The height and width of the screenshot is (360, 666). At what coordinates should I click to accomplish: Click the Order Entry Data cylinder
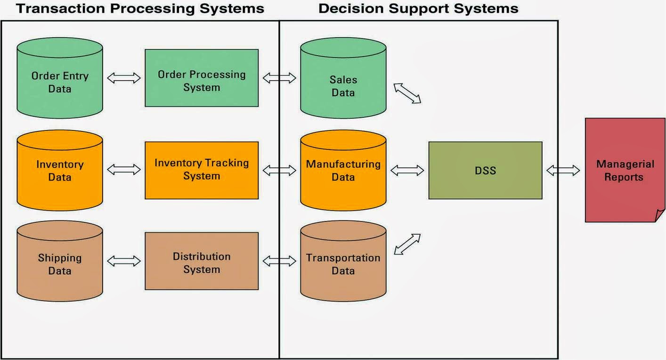click(x=60, y=82)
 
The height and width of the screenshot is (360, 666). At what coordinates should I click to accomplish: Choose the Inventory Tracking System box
click(x=202, y=170)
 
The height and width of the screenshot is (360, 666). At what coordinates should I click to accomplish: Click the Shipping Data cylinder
click(x=60, y=264)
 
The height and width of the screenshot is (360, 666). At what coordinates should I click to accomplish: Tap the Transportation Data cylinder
click(x=343, y=264)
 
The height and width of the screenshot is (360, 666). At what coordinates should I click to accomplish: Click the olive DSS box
click(x=485, y=170)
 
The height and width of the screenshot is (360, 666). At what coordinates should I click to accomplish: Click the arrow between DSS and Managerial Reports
click(x=563, y=170)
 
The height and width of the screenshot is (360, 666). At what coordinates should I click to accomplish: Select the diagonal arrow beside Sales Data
click(x=407, y=93)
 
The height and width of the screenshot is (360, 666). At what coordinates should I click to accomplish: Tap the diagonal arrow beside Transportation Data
click(x=407, y=244)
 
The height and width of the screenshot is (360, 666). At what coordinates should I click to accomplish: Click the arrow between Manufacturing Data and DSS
click(x=407, y=170)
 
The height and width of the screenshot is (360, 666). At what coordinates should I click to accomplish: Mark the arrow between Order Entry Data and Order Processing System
click(x=124, y=78)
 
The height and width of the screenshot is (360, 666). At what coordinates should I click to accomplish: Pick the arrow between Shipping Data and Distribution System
click(x=124, y=261)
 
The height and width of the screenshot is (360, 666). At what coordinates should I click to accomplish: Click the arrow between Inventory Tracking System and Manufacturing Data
click(x=279, y=170)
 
